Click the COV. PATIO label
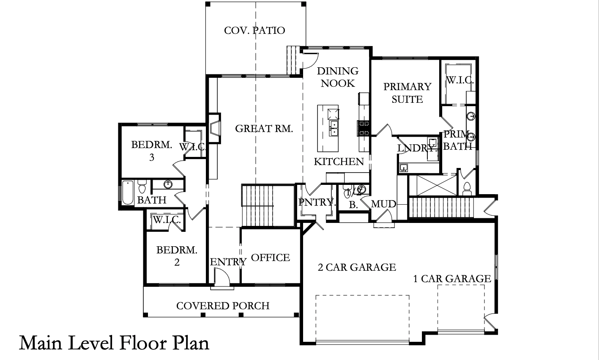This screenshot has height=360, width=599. (x=254, y=30)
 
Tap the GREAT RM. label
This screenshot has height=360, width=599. (x=264, y=129)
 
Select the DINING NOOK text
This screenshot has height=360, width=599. (x=338, y=77)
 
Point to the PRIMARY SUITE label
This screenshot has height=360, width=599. (x=407, y=93)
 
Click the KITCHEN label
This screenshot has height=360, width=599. (x=339, y=162)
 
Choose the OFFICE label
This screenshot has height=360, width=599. (x=271, y=258)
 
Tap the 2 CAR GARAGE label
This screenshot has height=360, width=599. (x=357, y=267)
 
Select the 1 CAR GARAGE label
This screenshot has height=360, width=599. (x=452, y=279)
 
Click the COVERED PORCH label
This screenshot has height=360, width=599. (x=223, y=306)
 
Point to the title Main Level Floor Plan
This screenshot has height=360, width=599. (x=114, y=343)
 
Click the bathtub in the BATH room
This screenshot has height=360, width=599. (x=128, y=192)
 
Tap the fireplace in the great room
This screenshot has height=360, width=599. (x=214, y=129)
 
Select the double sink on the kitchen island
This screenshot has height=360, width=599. (x=334, y=128)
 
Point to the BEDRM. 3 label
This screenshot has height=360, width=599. (x=152, y=151)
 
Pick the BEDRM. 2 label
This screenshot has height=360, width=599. (x=177, y=256)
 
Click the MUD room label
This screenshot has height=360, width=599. (x=383, y=204)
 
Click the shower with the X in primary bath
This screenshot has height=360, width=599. (x=433, y=185)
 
